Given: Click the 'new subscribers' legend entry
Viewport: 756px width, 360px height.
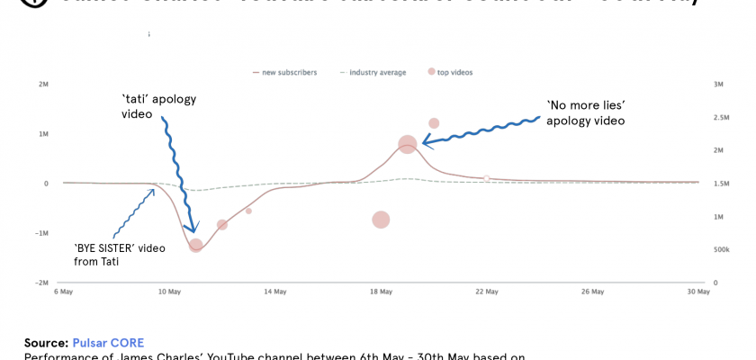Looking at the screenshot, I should click(289, 72).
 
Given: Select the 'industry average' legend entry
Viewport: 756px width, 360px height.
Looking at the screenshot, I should click(377, 72).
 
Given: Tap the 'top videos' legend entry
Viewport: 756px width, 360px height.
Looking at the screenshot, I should click(454, 72).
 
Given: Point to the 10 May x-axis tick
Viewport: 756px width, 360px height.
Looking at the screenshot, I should click(169, 292).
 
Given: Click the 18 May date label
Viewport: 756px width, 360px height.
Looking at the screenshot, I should click(381, 292).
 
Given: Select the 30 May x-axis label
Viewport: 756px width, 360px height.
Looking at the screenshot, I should click(697, 292).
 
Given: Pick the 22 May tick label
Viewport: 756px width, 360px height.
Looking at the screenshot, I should click(486, 292).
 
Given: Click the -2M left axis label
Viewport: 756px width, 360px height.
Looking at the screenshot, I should click(42, 283).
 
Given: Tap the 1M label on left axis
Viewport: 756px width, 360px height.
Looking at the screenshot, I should click(43, 134).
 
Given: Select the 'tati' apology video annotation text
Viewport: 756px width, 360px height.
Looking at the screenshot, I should click(158, 106).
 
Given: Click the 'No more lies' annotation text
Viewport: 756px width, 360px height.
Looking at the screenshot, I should click(586, 112).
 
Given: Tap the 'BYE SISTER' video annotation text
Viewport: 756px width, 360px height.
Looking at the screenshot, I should click(119, 255).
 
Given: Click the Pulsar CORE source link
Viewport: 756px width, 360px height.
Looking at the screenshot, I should click(108, 343).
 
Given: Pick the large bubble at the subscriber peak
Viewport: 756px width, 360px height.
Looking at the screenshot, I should click(408, 144).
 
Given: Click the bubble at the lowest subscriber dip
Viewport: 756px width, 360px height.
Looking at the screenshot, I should click(196, 245).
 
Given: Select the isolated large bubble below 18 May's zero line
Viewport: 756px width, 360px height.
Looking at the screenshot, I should click(381, 220).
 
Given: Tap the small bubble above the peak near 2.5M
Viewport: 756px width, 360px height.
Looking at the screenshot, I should click(434, 123).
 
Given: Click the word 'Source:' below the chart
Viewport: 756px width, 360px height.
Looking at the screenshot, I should click(46, 343).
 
